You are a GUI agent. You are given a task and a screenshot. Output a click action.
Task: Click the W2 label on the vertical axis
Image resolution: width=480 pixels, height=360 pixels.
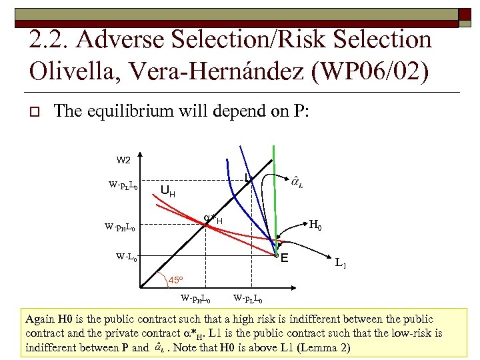[124, 160]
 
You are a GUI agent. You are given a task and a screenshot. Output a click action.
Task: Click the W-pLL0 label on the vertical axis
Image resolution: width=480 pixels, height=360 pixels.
[123, 185]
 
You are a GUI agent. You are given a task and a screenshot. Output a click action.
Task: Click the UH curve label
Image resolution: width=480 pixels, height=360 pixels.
[168, 191]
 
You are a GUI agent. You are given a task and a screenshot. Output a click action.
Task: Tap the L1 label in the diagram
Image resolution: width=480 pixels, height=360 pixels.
[340, 264]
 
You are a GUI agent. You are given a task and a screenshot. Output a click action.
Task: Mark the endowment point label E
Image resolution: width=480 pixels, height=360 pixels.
[284, 259]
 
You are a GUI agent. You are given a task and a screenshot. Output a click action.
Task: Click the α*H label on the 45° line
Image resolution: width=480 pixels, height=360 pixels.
[213, 219]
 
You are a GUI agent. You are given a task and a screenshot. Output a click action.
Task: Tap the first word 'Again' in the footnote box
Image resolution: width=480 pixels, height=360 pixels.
[39, 319]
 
